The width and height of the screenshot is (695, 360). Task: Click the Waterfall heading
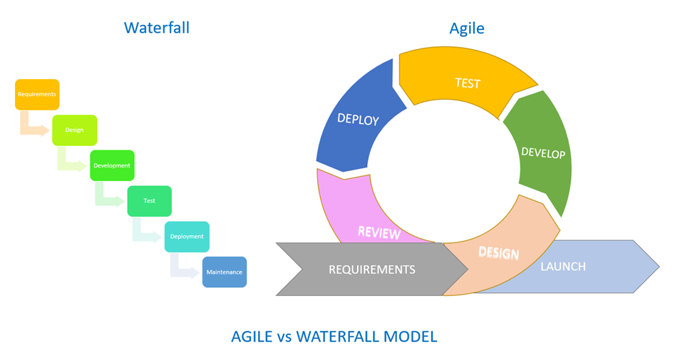pos(156,28)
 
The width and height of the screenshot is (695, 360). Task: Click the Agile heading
pos(466,29)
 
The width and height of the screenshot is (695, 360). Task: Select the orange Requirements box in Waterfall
pos(37,94)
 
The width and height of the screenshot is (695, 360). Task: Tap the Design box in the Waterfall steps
pos(74,130)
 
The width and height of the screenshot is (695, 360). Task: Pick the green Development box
pos(112,165)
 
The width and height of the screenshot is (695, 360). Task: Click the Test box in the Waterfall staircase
pos(149,201)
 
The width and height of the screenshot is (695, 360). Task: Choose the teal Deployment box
pos(187,237)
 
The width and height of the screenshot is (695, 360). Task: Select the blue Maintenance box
pos(224,272)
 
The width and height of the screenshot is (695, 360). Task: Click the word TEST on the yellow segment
pos(468,83)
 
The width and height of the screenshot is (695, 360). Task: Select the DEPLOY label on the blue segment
pos(358,119)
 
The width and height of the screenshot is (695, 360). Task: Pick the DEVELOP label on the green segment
pos(543,153)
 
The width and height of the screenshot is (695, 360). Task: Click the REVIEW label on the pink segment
pos(379,232)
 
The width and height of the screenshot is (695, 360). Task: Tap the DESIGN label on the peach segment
pos(498,252)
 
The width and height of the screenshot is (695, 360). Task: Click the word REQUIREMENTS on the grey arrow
pos(371,269)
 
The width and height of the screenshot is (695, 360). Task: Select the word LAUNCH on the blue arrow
pos(563,267)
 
